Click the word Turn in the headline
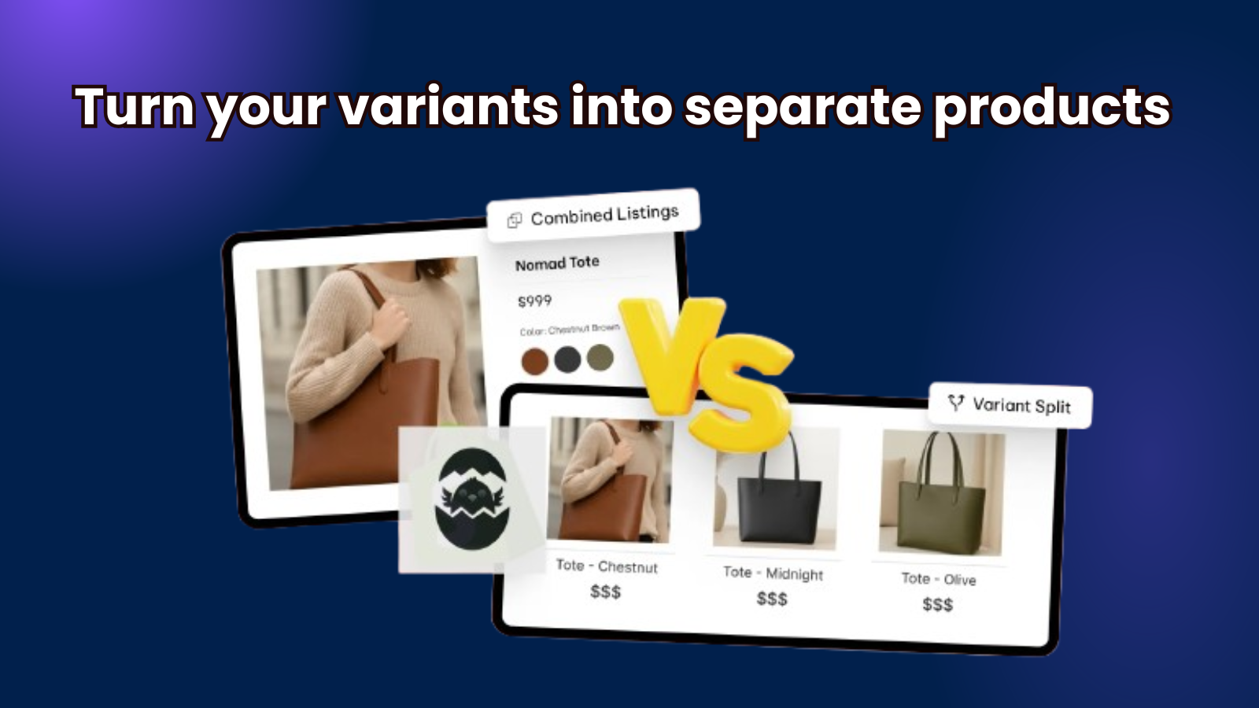pos(135,106)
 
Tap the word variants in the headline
pos(449,106)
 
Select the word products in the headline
pos(1051,108)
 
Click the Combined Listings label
pos(605,216)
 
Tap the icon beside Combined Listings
pos(515,220)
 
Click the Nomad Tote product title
pos(557,263)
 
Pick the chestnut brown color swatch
pos(534,361)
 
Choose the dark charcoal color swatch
pos(567,359)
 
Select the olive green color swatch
pos(600,357)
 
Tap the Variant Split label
pos(1021,406)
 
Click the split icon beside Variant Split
pos(955,402)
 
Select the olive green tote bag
pos(940,501)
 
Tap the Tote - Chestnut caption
pos(607,566)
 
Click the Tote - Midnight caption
pos(773,573)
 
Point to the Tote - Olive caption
pos(939,579)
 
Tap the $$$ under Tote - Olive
pos(937,605)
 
